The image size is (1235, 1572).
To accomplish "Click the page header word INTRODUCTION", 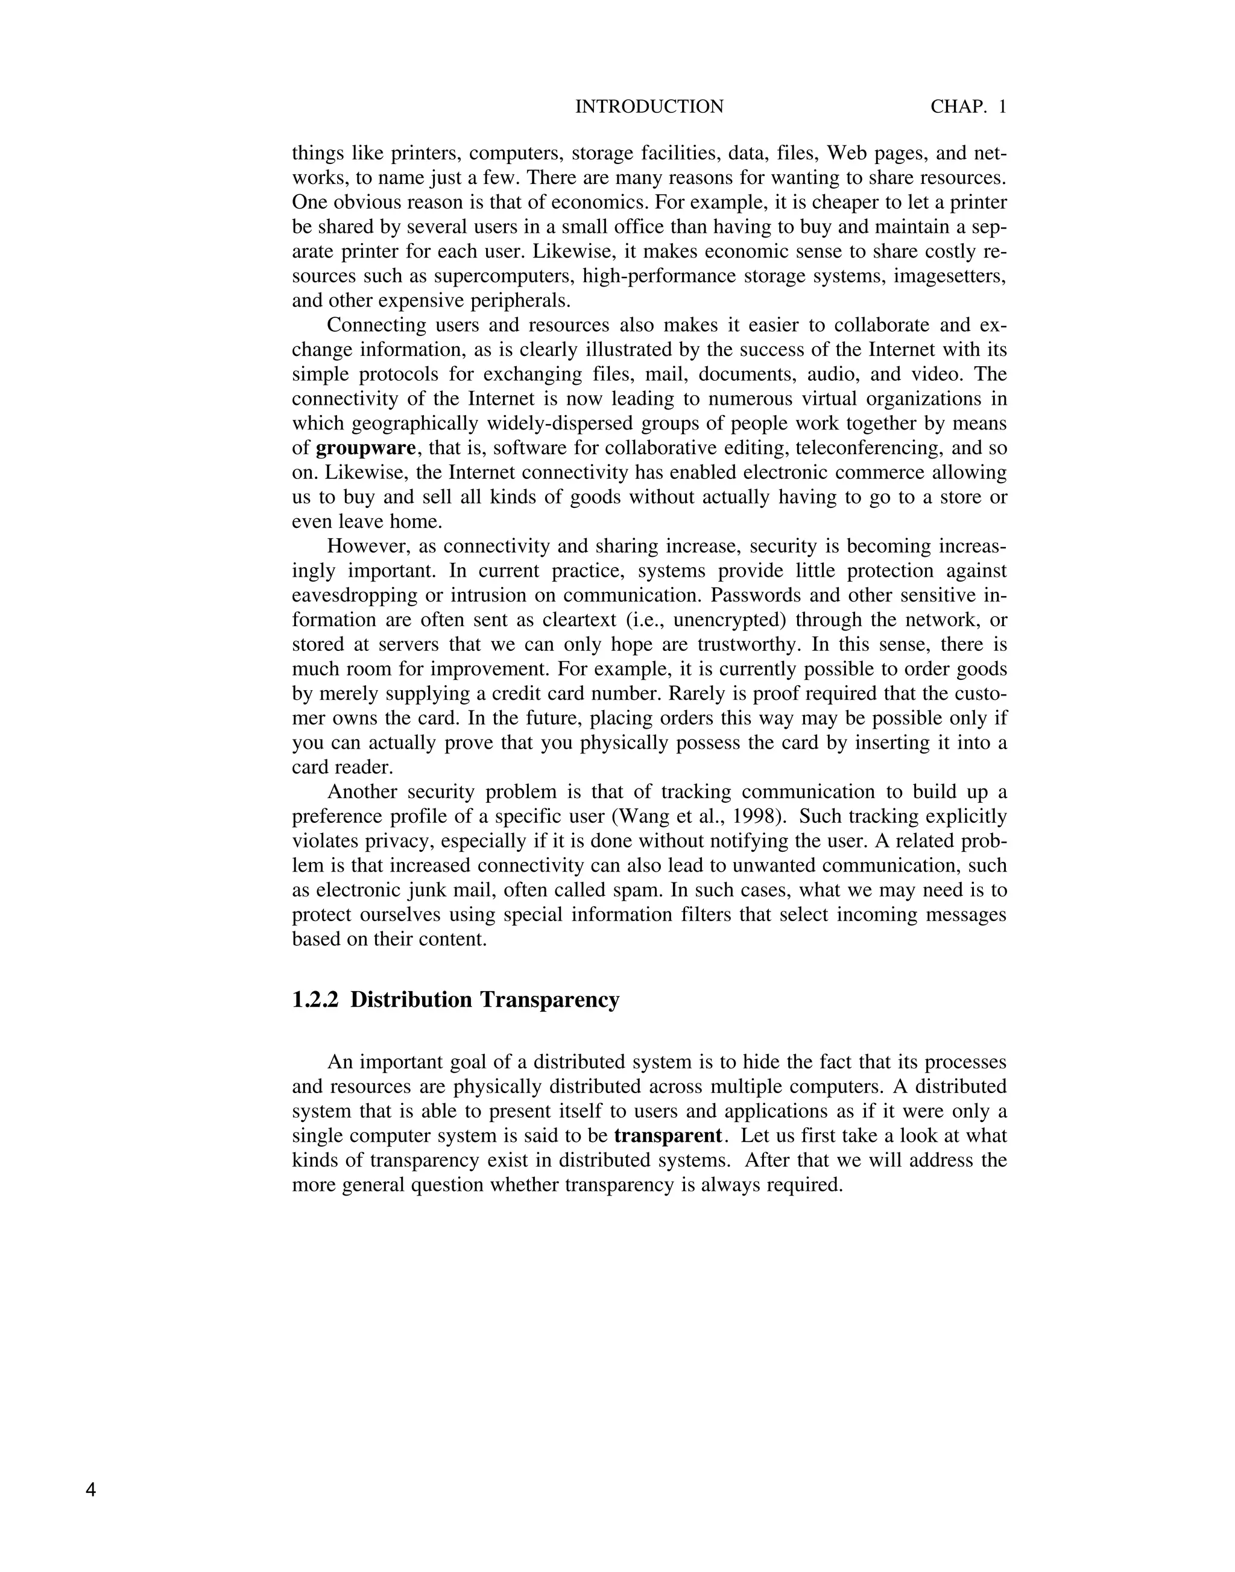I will click(x=649, y=107).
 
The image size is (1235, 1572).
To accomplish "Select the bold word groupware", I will click(x=366, y=449).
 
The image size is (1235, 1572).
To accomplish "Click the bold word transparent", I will click(x=668, y=1136).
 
